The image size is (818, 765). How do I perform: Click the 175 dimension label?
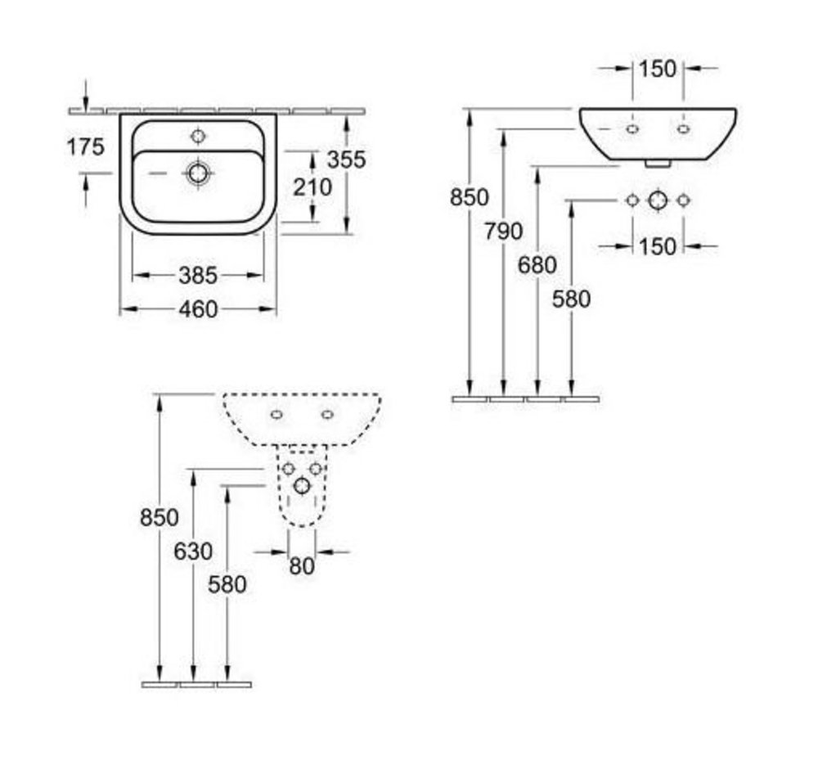coord(86,147)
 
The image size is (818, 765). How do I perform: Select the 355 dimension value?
coord(346,160)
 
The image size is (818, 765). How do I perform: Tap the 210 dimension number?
coord(312,187)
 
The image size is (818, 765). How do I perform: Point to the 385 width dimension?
coord(198,276)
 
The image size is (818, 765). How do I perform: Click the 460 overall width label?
coord(198,309)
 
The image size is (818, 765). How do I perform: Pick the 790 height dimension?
coord(503,232)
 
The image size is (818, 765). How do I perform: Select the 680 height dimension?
coord(537,265)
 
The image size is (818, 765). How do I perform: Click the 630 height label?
coord(193,551)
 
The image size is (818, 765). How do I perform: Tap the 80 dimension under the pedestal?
coord(302,566)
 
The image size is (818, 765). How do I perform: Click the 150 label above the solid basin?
coord(658,69)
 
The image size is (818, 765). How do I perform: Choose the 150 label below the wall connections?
coord(658,246)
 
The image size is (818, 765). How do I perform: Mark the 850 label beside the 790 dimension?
coord(470,197)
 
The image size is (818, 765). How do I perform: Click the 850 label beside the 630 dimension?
coord(160,518)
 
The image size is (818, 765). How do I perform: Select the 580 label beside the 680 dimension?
coord(571,299)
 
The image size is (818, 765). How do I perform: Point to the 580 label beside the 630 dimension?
coord(227,585)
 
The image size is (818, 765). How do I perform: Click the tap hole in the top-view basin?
coord(198,136)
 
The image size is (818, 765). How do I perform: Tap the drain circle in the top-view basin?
coord(198,172)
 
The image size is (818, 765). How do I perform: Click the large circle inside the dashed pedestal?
coord(302,486)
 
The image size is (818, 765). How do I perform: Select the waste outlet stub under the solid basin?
coord(658,164)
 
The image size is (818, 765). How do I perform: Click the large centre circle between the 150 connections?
coord(658,200)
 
